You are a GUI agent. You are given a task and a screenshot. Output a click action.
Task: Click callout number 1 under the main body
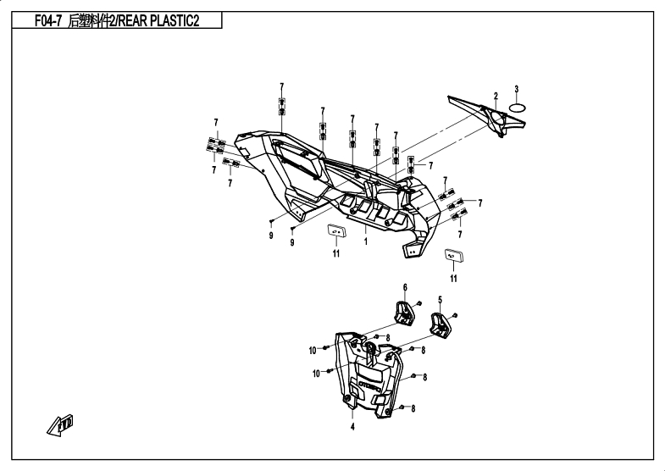pyautogui.click(x=365, y=241)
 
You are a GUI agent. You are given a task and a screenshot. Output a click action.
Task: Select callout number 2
pyautogui.click(x=496, y=95)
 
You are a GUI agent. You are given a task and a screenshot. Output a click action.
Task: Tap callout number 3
pyautogui.click(x=516, y=89)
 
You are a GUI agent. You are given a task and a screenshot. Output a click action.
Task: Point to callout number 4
pyautogui.click(x=352, y=427)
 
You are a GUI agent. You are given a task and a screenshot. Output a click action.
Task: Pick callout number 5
pyautogui.click(x=441, y=299)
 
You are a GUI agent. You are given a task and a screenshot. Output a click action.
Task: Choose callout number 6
pyautogui.click(x=405, y=286)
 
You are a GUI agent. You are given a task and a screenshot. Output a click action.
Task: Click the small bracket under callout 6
pyautogui.click(x=404, y=311)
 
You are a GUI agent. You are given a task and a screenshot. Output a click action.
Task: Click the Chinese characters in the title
pyautogui.click(x=89, y=21)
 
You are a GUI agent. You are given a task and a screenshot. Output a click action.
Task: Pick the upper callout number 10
pyautogui.click(x=313, y=350)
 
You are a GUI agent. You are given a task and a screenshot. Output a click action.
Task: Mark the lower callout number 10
pyautogui.click(x=317, y=373)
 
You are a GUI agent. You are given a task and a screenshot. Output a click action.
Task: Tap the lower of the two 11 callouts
pyautogui.click(x=453, y=278)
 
